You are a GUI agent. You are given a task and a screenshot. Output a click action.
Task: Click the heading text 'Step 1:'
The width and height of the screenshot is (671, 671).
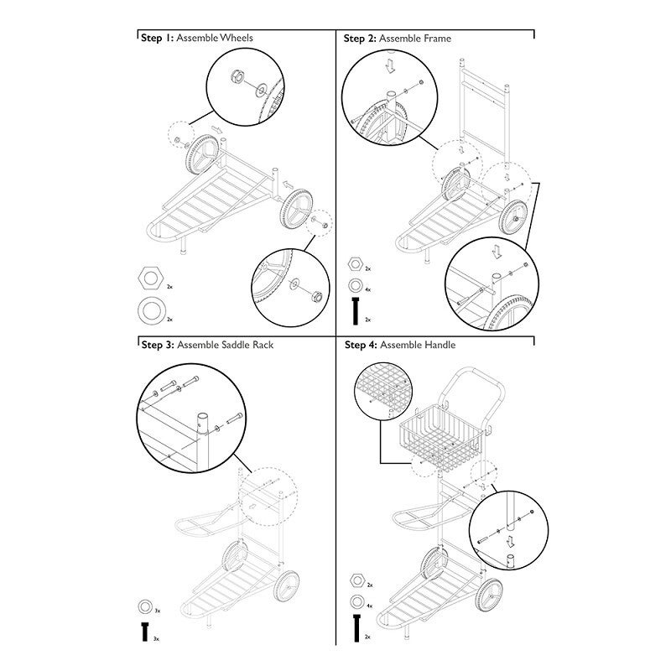pyautogui.click(x=156, y=39)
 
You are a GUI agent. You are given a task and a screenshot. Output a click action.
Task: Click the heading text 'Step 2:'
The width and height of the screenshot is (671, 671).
pyautogui.click(x=360, y=39)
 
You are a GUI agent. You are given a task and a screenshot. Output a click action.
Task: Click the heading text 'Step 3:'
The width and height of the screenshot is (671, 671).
pyautogui.click(x=156, y=345)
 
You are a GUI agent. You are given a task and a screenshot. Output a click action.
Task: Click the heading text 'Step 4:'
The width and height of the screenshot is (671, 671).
pyautogui.click(x=361, y=345)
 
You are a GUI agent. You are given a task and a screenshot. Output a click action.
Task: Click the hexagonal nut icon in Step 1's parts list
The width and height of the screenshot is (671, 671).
pyautogui.click(x=151, y=278)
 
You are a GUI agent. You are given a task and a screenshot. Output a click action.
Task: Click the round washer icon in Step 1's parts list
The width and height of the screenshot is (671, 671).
pyautogui.click(x=151, y=309)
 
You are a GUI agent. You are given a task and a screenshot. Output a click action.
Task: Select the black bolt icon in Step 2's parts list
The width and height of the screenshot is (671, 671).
pyautogui.click(x=356, y=309)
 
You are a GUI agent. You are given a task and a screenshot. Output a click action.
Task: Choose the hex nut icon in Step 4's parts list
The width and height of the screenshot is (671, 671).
pyautogui.click(x=356, y=580)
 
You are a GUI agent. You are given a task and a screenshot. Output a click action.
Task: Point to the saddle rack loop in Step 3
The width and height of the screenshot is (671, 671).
pyautogui.click(x=201, y=526)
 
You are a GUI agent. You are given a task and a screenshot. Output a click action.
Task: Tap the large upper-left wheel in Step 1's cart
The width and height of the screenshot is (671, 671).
pyautogui.click(x=200, y=156)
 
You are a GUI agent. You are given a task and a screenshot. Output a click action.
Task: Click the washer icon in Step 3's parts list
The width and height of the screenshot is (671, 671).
pyautogui.click(x=144, y=606)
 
